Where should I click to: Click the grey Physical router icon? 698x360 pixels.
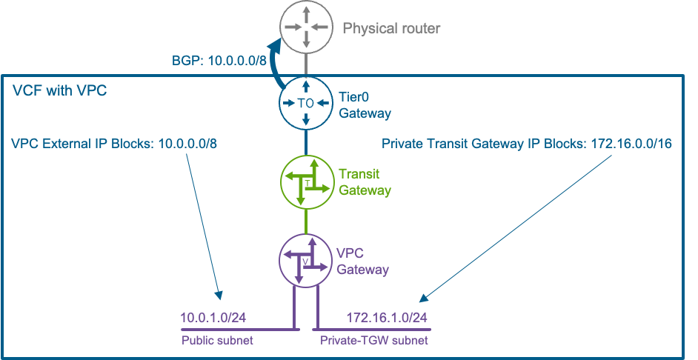point(305,27)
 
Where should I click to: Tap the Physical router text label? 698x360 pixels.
point(391,29)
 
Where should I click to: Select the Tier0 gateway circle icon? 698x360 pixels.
point(305,104)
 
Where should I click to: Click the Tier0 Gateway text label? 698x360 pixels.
point(365,106)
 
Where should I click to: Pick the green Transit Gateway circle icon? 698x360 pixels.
point(306,181)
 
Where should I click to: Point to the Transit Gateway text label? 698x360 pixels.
point(365,182)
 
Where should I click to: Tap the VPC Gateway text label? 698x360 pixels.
point(363,261)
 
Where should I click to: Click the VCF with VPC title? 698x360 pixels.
point(59,91)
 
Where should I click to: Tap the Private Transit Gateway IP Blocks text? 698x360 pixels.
point(527,143)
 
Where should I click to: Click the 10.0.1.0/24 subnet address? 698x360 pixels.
point(213,318)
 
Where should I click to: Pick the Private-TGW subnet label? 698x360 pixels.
point(374,340)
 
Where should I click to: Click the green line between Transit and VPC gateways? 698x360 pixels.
point(306,220)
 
